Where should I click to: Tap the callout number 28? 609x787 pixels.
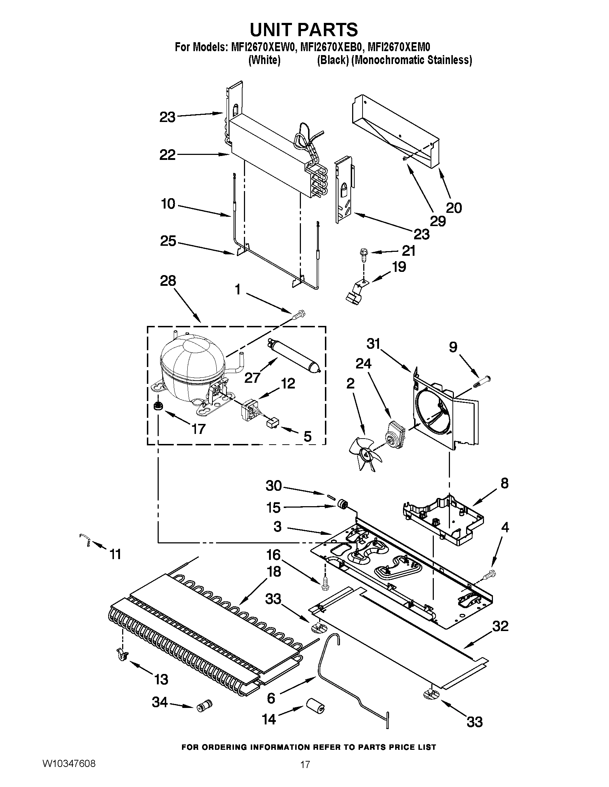click(168, 282)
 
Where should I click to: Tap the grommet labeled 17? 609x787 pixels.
click(158, 406)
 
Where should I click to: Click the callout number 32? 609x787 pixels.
click(499, 626)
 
